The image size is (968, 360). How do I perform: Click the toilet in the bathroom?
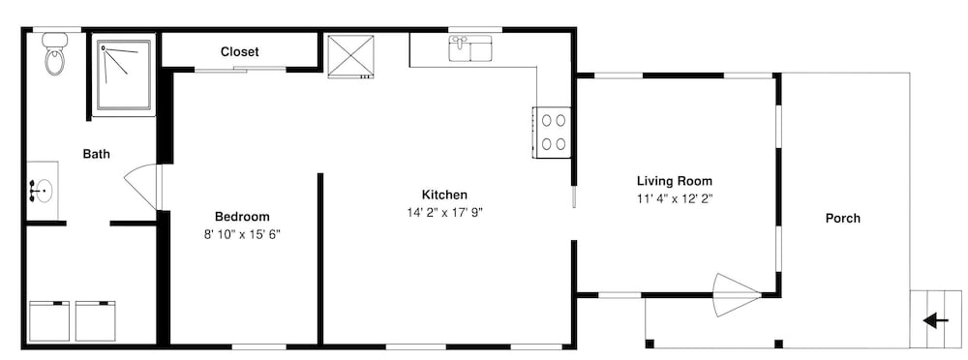tap(55, 54)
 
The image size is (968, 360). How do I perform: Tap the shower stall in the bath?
tap(124, 76)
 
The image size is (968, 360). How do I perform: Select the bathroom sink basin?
tap(43, 191)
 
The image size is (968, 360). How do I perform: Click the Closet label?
tap(239, 52)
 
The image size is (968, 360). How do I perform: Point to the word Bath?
tap(96, 154)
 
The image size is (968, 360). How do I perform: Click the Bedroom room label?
tap(242, 217)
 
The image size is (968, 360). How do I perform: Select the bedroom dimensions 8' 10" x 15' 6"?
tap(242, 234)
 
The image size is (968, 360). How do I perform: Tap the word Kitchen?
tap(444, 195)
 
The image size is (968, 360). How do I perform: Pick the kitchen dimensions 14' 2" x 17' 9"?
tap(444, 212)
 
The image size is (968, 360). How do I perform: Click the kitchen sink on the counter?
tap(470, 48)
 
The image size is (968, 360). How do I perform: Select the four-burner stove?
tap(553, 133)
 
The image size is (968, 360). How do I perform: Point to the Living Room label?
tap(674, 181)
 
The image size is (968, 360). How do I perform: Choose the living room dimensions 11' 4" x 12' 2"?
tap(674, 198)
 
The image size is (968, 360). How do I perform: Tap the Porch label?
tap(843, 218)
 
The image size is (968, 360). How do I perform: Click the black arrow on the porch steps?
tap(936, 320)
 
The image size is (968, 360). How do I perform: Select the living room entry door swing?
tap(736, 295)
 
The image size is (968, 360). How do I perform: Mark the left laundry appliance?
tap(49, 321)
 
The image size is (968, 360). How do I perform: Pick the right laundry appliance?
tap(96, 321)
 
